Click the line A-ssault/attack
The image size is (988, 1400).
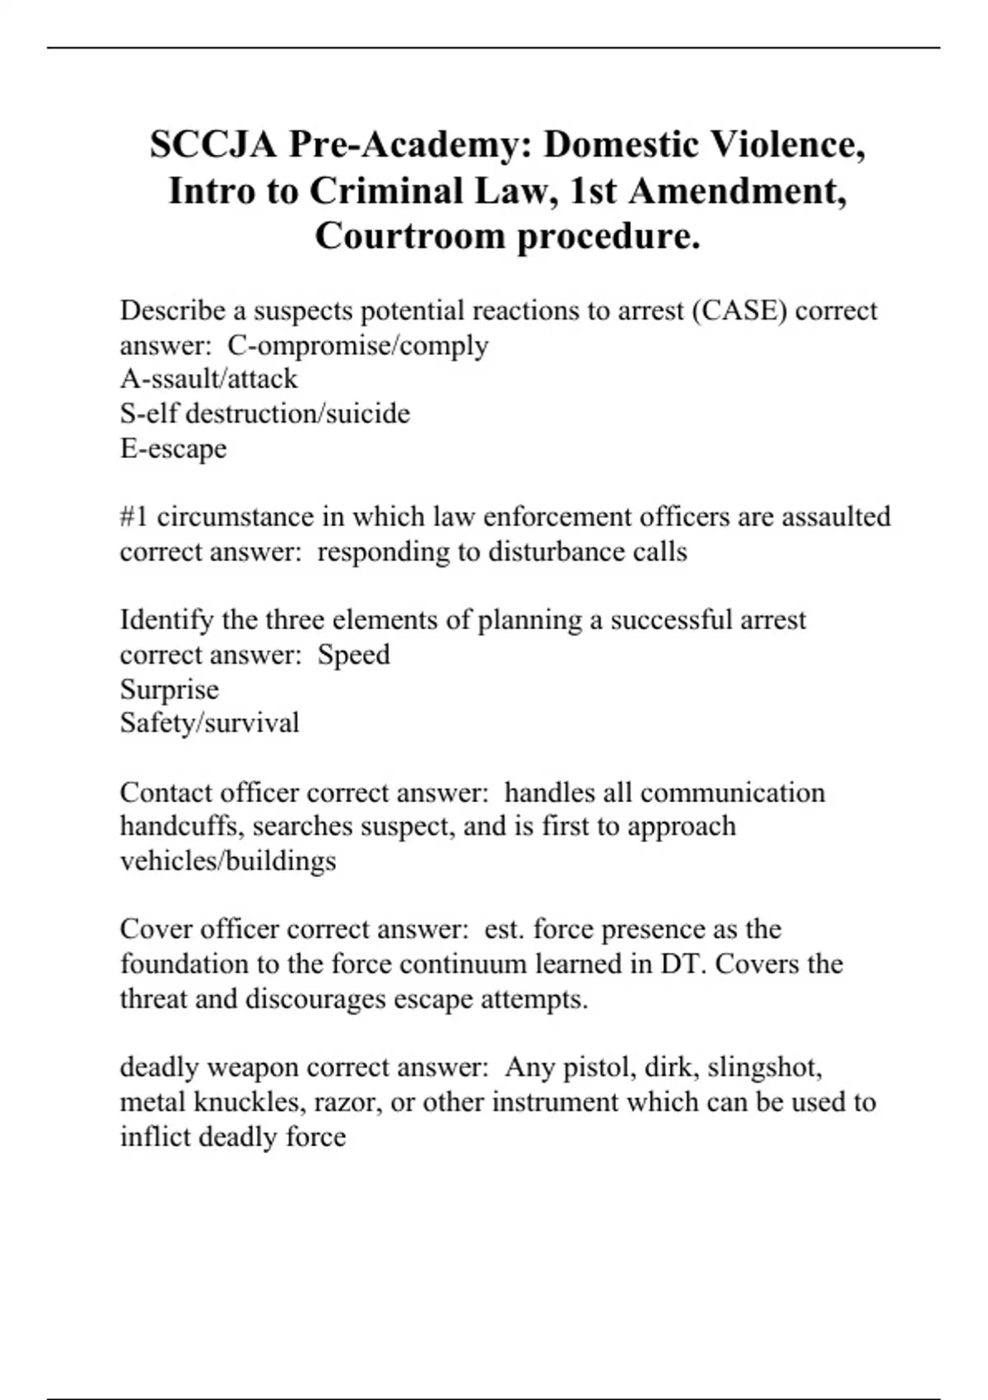(208, 379)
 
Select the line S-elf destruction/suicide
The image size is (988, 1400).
(264, 413)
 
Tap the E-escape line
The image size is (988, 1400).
(173, 449)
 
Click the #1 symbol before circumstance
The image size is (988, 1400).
(133, 517)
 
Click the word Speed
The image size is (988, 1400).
(354, 656)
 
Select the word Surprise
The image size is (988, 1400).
(169, 689)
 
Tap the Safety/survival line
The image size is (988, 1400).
(209, 723)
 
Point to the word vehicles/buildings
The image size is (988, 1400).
(227, 861)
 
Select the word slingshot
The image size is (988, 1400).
(763, 1068)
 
